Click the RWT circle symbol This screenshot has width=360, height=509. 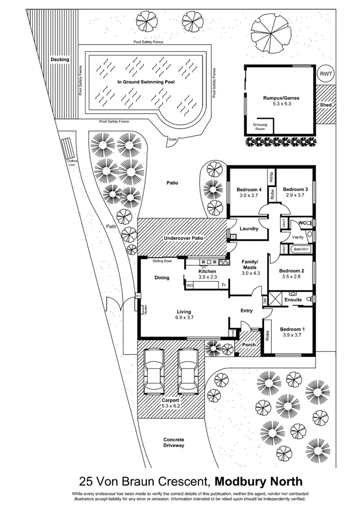[327, 73]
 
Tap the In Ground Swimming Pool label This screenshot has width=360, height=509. [146, 82]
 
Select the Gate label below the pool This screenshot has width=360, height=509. [171, 140]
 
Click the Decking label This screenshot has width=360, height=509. [60, 59]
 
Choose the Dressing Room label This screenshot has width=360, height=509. [260, 127]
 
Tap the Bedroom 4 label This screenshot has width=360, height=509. [248, 189]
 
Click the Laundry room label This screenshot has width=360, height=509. [249, 229]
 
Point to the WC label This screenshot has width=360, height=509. [302, 223]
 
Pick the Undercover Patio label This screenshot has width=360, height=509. [183, 237]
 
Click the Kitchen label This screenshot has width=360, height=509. [208, 271]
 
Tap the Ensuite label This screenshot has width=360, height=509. [293, 300]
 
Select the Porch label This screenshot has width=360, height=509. [249, 344]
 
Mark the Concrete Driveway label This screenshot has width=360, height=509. [174, 442]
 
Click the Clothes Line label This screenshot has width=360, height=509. [72, 163]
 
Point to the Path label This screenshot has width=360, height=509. [111, 226]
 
